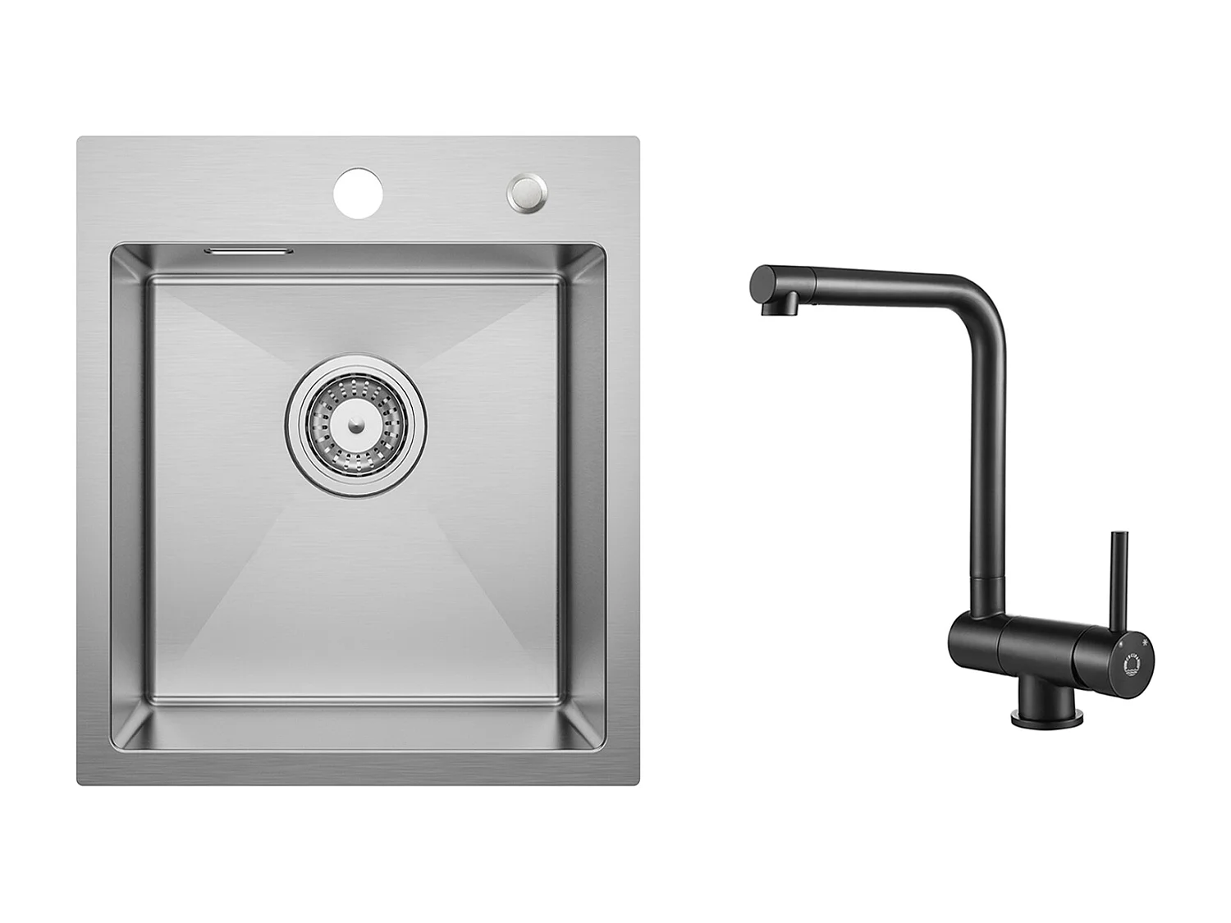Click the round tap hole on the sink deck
[359, 193]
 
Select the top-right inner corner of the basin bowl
[602, 246]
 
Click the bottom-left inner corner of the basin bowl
[115, 749]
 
